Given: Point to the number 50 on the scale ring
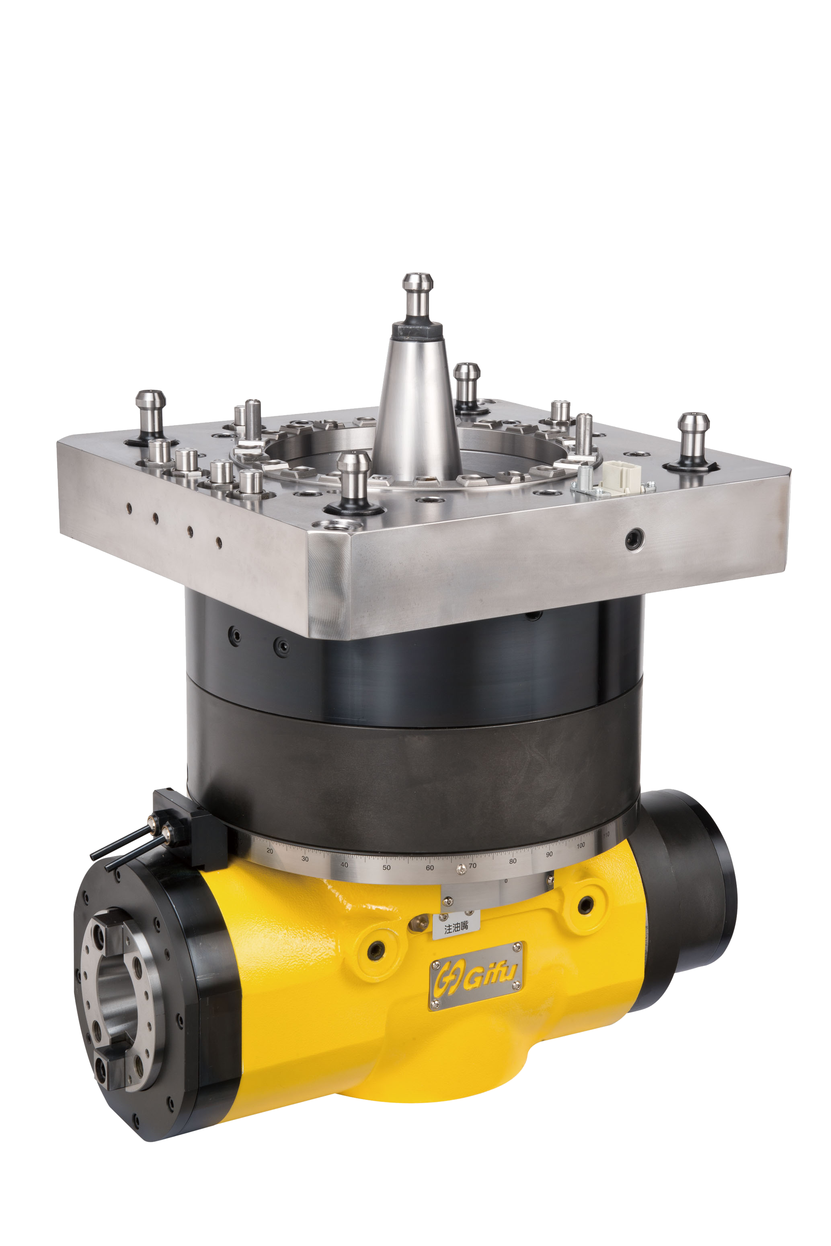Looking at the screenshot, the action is [386, 867].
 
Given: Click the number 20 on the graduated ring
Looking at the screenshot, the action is [270, 851].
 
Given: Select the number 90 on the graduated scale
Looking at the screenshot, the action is [549, 854].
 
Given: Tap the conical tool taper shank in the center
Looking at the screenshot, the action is [416, 408].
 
